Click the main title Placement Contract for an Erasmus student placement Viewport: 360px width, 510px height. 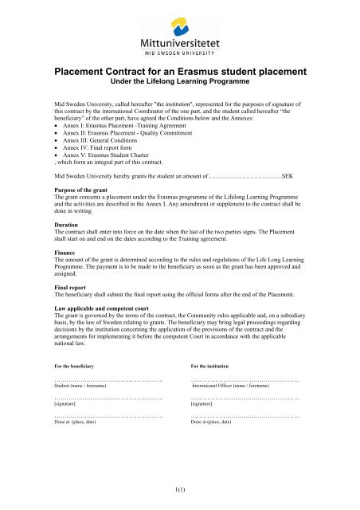point(180,73)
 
